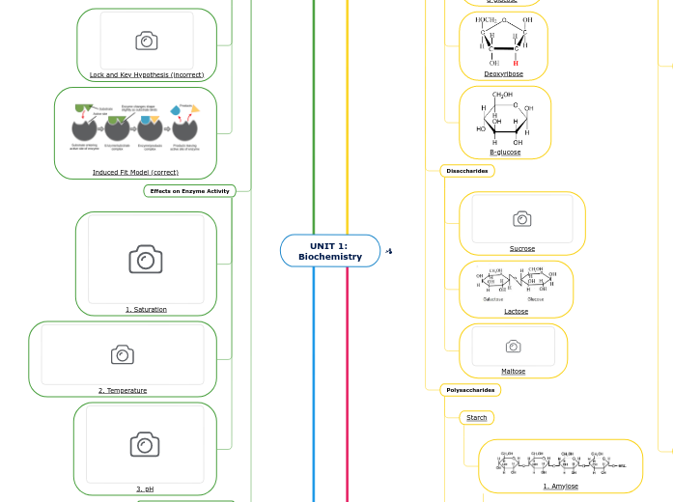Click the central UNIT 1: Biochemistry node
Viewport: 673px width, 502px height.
(x=330, y=251)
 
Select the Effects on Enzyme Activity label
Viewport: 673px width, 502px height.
(x=189, y=191)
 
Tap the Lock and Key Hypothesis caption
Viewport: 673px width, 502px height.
(x=147, y=74)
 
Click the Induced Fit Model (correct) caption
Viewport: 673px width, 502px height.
(x=135, y=172)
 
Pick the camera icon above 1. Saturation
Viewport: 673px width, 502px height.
(x=146, y=259)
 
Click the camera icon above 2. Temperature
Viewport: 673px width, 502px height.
(x=123, y=354)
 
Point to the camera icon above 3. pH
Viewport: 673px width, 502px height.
(x=145, y=443)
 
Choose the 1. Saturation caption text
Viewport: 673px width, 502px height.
(x=146, y=309)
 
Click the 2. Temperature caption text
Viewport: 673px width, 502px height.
(x=123, y=390)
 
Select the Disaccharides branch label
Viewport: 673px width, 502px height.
(x=467, y=171)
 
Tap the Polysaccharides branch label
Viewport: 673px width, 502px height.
(x=470, y=390)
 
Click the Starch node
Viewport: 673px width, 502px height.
(x=476, y=418)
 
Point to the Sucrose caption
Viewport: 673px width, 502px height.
(x=522, y=248)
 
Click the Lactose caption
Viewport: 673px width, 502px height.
(x=517, y=311)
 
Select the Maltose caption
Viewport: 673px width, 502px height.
(x=514, y=371)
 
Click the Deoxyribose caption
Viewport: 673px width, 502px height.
(x=503, y=73)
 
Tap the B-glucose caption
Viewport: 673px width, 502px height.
(x=505, y=152)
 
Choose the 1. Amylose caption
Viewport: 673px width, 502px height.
(x=560, y=486)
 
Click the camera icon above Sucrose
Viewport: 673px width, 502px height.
(x=522, y=219)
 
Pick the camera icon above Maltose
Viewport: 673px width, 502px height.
(x=514, y=346)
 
